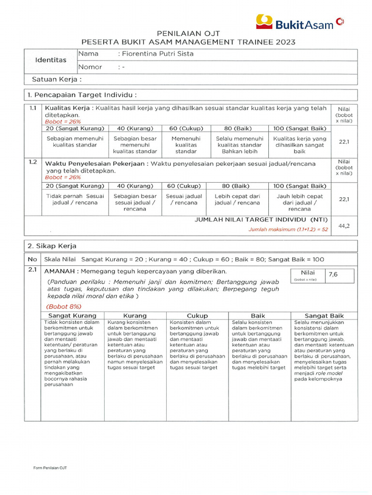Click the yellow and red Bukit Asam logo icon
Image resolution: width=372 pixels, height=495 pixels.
[x=265, y=21]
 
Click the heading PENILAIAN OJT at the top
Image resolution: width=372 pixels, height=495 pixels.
[x=188, y=33]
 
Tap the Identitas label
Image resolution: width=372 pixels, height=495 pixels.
[x=51, y=60]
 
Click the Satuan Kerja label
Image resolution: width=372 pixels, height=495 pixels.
[x=56, y=79]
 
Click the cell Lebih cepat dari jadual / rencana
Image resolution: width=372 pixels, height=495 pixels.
[x=237, y=200]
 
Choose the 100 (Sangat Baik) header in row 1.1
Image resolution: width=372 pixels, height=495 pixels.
[x=299, y=129]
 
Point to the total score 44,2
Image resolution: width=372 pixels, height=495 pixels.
[x=344, y=226]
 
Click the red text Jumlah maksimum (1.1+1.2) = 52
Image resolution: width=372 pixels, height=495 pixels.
[x=288, y=230]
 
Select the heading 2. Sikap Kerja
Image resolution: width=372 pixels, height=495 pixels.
[x=54, y=246]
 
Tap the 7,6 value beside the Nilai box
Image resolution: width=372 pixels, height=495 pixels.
[x=334, y=275]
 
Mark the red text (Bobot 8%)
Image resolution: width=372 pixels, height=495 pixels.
[x=64, y=306]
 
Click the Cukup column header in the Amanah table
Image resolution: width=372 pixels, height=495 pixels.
[x=197, y=316]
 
